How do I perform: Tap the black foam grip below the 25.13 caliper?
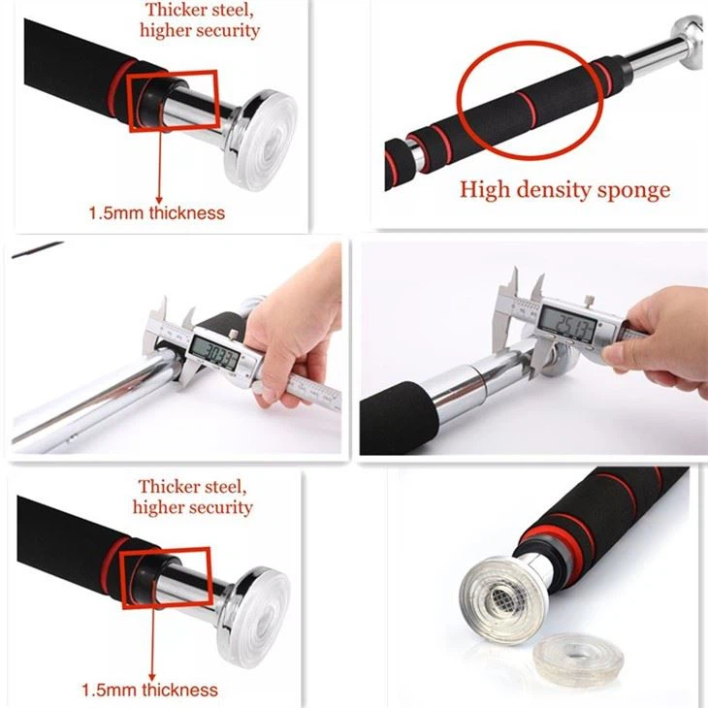[x=393, y=417]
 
